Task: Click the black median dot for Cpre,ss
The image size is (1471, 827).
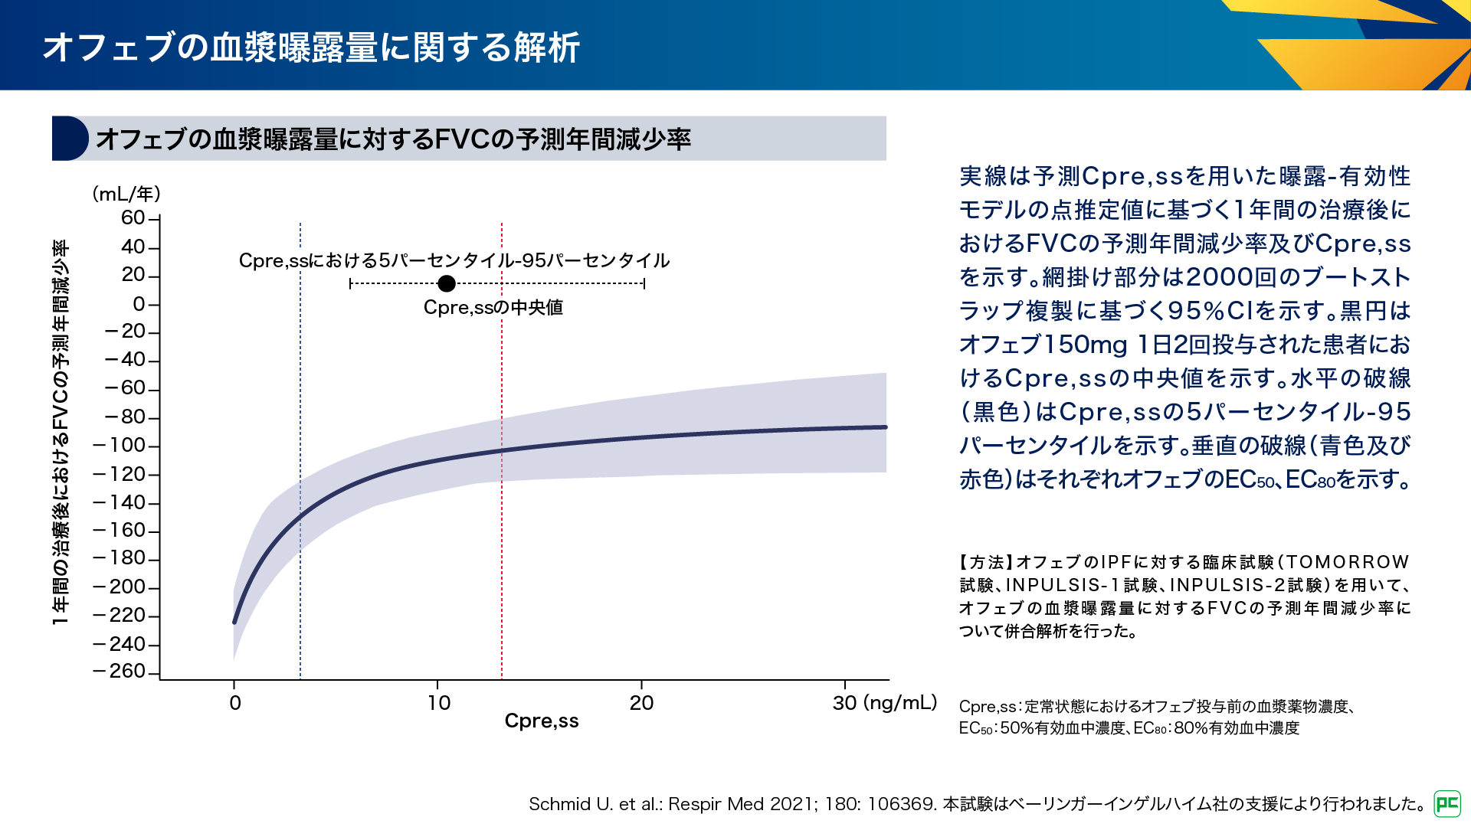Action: pos(447,284)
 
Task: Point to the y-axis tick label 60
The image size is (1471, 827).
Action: pos(133,218)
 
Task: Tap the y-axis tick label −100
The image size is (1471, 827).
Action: pos(120,446)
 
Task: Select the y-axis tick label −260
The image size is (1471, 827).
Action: pos(120,672)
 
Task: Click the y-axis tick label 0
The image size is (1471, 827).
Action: pos(139,305)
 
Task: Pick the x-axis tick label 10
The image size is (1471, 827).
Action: pos(439,703)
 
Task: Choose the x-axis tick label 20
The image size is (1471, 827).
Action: pos(641,703)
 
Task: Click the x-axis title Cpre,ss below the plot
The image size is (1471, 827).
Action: pos(542,721)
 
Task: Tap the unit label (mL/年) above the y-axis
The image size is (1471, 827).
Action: pos(126,194)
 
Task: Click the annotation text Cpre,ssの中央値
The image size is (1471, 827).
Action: pos(493,308)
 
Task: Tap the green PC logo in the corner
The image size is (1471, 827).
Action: pos(1447,803)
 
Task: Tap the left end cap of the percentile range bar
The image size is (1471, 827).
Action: pos(350,284)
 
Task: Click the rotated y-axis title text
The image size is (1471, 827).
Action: pos(61,433)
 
